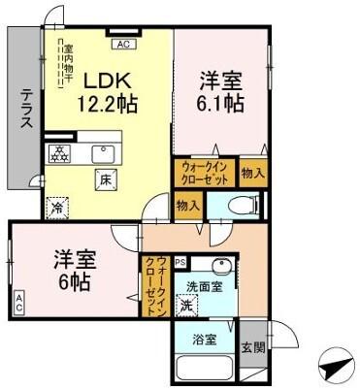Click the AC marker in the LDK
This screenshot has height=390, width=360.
click(123, 45)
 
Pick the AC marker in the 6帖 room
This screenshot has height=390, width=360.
click(19, 305)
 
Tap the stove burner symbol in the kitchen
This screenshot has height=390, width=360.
click(59, 153)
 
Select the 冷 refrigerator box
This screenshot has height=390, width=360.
click(57, 207)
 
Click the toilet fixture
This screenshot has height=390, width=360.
click(241, 205)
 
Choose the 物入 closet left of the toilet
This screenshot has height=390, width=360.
click(188, 205)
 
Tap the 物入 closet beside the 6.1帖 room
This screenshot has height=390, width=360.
click(251, 173)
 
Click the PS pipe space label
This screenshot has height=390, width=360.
click(181, 261)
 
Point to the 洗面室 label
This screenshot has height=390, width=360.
click(205, 286)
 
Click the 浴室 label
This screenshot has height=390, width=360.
click(203, 340)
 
